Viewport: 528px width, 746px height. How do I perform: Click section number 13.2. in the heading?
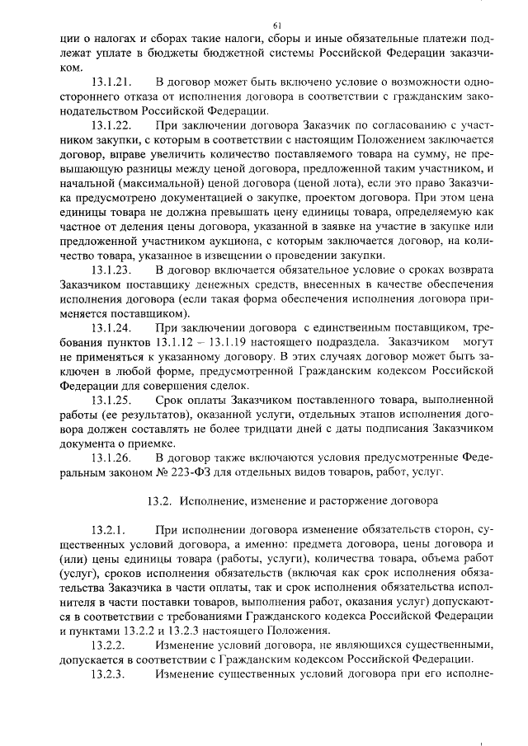[158, 500]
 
